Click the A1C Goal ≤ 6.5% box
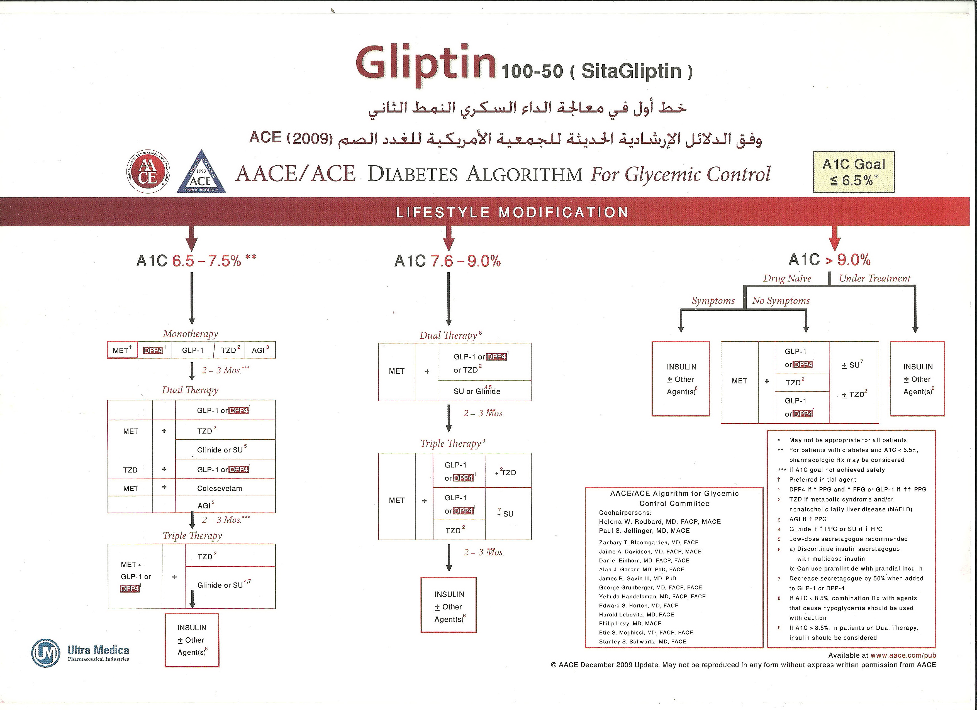[853, 172]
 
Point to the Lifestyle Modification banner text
[512, 212]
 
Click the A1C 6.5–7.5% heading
[196, 261]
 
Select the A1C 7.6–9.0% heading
[447, 261]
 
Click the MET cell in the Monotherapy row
[122, 350]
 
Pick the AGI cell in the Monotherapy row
[260, 350]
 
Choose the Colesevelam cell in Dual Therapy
[220, 488]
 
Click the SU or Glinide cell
[477, 391]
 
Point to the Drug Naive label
[787, 279]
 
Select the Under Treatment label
[874, 279]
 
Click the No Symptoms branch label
[781, 300]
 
